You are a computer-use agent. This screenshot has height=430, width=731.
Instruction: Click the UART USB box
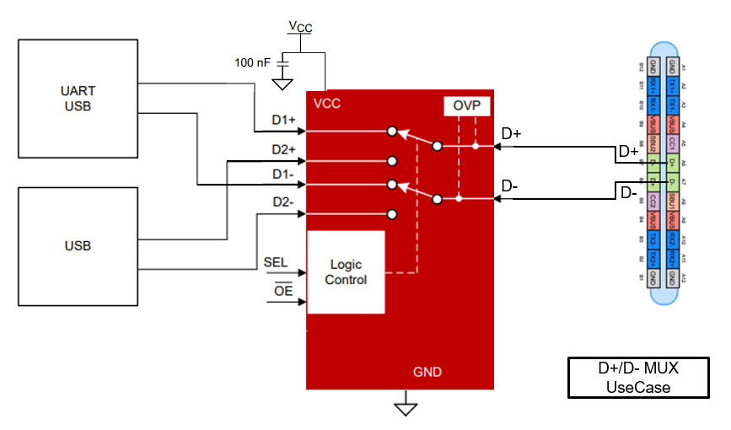coord(78,98)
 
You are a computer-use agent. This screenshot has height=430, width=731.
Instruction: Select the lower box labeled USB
coord(78,246)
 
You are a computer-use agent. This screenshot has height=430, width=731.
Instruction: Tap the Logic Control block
coord(346,271)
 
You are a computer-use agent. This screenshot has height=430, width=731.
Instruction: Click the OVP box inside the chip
coord(460,106)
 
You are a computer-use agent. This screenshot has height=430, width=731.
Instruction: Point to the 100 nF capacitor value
coord(254,62)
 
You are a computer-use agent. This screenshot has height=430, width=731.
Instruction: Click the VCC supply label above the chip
coord(300,27)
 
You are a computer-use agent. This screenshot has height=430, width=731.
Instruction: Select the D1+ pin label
coord(283,121)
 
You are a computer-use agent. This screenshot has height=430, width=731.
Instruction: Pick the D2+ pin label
coord(283,149)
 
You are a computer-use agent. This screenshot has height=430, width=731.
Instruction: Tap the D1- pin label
coord(283,175)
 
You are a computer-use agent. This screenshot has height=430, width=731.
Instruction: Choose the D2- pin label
coord(283,202)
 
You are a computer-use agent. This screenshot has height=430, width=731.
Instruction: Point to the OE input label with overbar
coord(283,291)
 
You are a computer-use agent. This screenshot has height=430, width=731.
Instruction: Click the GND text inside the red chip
coord(427,372)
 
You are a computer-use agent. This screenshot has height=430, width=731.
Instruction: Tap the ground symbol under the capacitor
coord(283,84)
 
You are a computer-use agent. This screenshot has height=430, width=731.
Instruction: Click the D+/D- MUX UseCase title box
coord(637,378)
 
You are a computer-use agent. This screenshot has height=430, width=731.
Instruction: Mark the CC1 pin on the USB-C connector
coord(671,142)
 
